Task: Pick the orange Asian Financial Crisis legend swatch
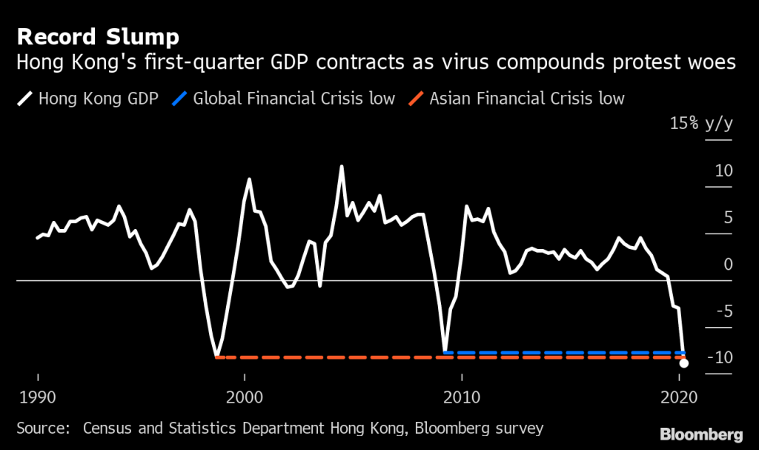point(417,98)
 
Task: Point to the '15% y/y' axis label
point(700,124)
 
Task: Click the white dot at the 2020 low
point(683,363)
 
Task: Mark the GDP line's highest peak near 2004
point(341,166)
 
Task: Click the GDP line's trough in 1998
point(216,357)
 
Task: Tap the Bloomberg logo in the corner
point(700,433)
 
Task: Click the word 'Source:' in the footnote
point(43,428)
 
